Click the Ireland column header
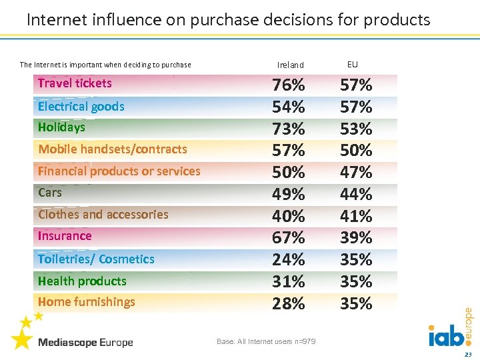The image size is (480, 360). click(x=290, y=65)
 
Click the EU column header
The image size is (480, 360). click(x=353, y=65)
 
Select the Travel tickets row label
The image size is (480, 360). click(x=75, y=83)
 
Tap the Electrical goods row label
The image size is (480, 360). click(x=81, y=107)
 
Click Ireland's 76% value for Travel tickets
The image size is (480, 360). click(x=289, y=85)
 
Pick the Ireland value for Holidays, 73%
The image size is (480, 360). click(x=289, y=129)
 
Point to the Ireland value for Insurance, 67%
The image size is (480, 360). click(x=289, y=238)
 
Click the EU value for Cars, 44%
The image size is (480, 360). click(x=356, y=195)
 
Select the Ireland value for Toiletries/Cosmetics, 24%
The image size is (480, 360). click(x=289, y=259)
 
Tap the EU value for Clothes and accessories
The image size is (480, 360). click(x=356, y=217)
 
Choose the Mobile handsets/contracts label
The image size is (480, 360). click(x=112, y=149)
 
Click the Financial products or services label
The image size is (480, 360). click(x=119, y=171)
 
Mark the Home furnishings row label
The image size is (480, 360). click(x=86, y=302)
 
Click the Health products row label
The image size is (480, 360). click(x=82, y=281)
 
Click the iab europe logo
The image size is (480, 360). click(x=451, y=330)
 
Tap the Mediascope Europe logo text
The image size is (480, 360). click(x=85, y=343)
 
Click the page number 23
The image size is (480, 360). click(x=467, y=353)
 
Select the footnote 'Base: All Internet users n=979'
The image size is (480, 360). click(x=266, y=342)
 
